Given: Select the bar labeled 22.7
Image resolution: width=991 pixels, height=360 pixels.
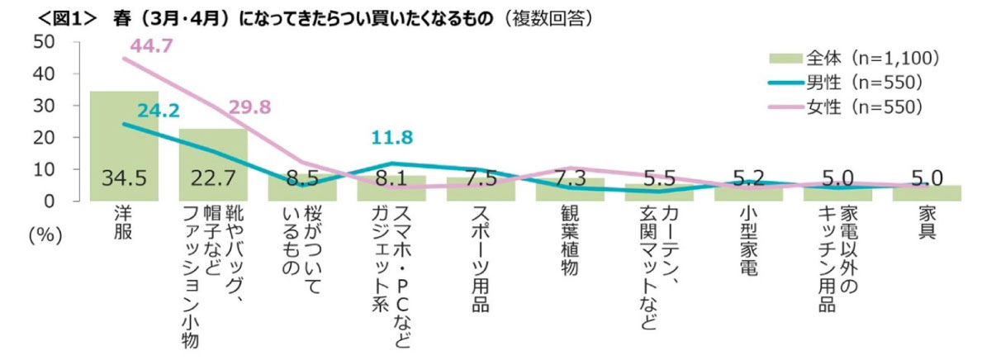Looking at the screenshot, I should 213,165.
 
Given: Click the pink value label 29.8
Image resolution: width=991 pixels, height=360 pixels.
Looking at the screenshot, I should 249,107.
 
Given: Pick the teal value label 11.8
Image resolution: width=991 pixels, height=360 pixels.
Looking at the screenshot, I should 391,138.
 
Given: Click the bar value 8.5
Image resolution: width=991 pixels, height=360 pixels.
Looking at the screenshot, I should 302,178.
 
